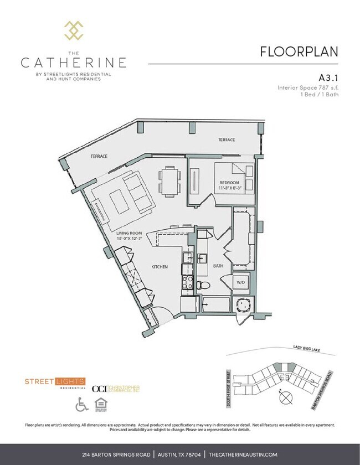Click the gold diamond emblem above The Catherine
point(74,30)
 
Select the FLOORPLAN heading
point(299,51)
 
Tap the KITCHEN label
point(160,267)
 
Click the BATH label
point(218,266)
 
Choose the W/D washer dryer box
point(241,283)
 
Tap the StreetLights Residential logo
point(55,382)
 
